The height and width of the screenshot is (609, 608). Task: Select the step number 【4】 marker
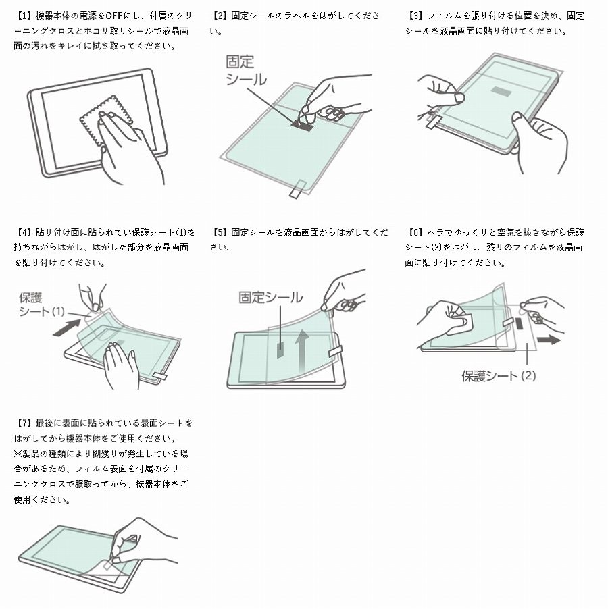coord(23,232)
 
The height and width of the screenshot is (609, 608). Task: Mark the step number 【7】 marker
coord(23,423)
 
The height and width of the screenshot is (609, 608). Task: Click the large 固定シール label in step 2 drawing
coord(245,70)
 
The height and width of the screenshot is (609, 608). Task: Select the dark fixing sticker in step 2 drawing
coord(303,124)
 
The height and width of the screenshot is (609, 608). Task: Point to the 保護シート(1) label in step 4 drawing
coord(42,304)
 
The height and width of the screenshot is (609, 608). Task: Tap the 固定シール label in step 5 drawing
coord(270,298)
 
